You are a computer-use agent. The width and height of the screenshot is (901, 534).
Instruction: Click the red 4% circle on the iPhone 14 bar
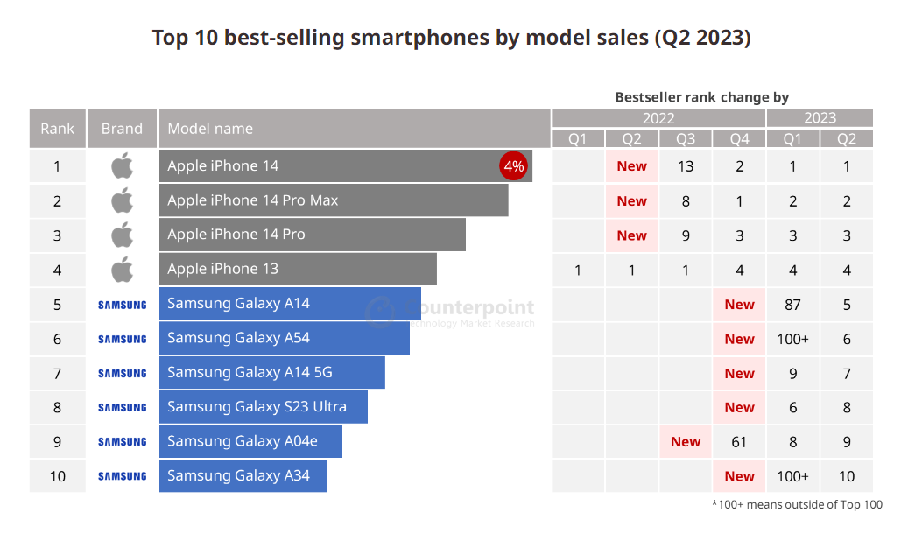[x=513, y=166]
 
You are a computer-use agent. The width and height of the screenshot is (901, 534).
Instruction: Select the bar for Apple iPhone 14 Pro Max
[x=333, y=200]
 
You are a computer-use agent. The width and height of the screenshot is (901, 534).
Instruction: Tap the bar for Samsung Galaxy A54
[x=284, y=338]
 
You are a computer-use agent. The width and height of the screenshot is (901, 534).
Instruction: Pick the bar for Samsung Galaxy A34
[x=243, y=476]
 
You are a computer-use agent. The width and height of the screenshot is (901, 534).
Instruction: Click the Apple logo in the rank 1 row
[x=123, y=166]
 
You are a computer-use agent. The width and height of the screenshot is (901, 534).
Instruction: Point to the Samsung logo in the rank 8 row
[x=123, y=408]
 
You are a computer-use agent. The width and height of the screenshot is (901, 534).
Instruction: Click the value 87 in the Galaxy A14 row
[x=793, y=305]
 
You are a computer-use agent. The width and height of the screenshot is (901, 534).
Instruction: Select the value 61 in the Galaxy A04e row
[x=739, y=442]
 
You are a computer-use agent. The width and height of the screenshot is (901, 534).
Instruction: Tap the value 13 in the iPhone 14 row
[x=686, y=166]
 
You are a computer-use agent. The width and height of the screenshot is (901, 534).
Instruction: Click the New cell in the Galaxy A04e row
[x=686, y=442]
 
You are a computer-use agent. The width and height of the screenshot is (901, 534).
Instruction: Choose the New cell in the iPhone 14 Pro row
[x=631, y=235]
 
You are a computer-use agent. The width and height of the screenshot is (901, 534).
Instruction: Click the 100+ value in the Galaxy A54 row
[x=793, y=339]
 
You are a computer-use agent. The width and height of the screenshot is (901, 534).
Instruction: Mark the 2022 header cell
[x=658, y=118]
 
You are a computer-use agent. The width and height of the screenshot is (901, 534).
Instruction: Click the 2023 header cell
[x=820, y=118]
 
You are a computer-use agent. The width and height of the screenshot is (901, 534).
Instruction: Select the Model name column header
[x=210, y=129]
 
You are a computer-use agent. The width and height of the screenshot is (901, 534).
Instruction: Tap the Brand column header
[x=122, y=129]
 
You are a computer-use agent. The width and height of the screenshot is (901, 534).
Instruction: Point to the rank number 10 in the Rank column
[x=58, y=476]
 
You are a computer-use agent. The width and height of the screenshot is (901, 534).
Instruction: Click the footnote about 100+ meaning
[x=796, y=504]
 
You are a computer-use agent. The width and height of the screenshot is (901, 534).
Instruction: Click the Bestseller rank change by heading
[x=702, y=97]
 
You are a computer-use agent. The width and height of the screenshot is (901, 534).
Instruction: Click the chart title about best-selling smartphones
[x=451, y=38]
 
